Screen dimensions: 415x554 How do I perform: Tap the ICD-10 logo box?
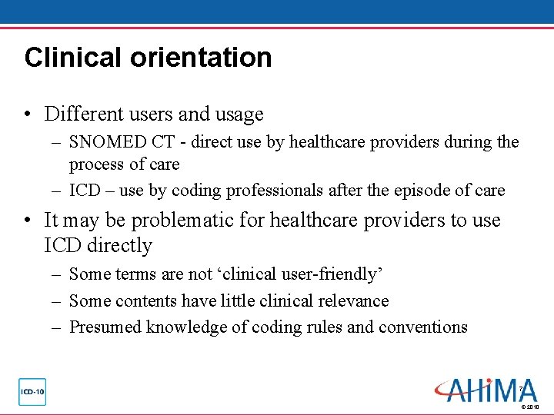(32, 391)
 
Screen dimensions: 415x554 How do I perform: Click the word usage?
(242, 115)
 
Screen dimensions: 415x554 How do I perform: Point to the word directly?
(118, 246)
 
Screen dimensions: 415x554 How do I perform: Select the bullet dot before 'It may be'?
(28, 221)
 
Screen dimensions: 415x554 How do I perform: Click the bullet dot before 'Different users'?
(28, 115)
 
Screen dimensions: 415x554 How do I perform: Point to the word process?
(95, 164)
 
